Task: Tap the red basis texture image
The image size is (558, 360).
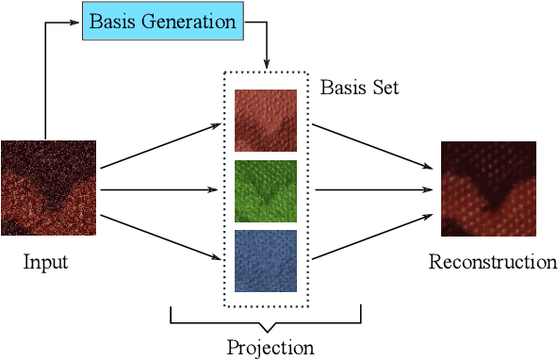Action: click(x=266, y=121)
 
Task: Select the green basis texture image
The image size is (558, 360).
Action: click(x=266, y=191)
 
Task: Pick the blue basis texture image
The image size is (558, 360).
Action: click(x=266, y=261)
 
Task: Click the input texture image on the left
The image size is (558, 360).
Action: click(x=48, y=188)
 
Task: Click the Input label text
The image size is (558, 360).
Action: click(x=45, y=261)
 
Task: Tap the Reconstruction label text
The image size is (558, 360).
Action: click(x=492, y=261)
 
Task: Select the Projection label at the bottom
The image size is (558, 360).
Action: click(x=270, y=347)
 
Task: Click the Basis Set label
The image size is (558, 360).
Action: click(x=359, y=88)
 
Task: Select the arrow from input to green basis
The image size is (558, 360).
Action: click(x=160, y=190)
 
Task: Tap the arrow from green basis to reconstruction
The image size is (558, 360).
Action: click(x=372, y=190)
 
